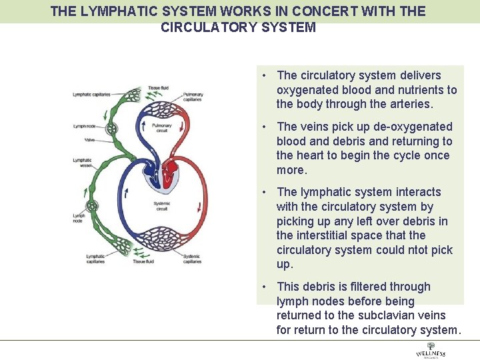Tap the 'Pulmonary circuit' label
coord(162,128)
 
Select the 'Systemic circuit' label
coord(161,206)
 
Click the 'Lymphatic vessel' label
coord(82,163)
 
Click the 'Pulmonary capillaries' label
coord(193,97)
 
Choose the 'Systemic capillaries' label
coord(191,259)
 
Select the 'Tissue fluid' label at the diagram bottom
coord(143,262)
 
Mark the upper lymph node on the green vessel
coord(111,129)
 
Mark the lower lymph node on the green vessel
coord(93,206)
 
